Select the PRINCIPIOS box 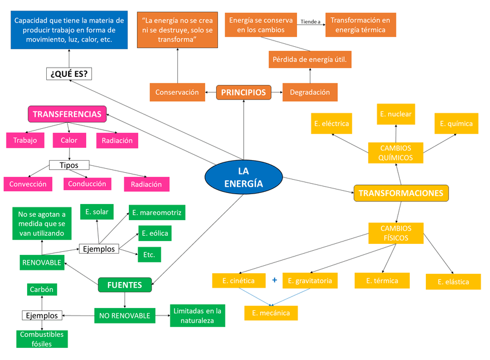243,92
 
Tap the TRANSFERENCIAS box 68,114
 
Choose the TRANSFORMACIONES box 401,193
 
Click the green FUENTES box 124,285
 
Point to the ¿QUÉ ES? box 69,74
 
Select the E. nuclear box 396,114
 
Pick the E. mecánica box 271,313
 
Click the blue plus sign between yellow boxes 274,281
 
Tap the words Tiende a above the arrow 310,22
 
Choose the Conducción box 87,184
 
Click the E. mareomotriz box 156,213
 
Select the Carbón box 42,290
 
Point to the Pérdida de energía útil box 310,60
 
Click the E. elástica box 454,282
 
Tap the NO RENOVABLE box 124,316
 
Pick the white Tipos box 69,165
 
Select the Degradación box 310,92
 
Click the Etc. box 149,254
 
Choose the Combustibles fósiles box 42,339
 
